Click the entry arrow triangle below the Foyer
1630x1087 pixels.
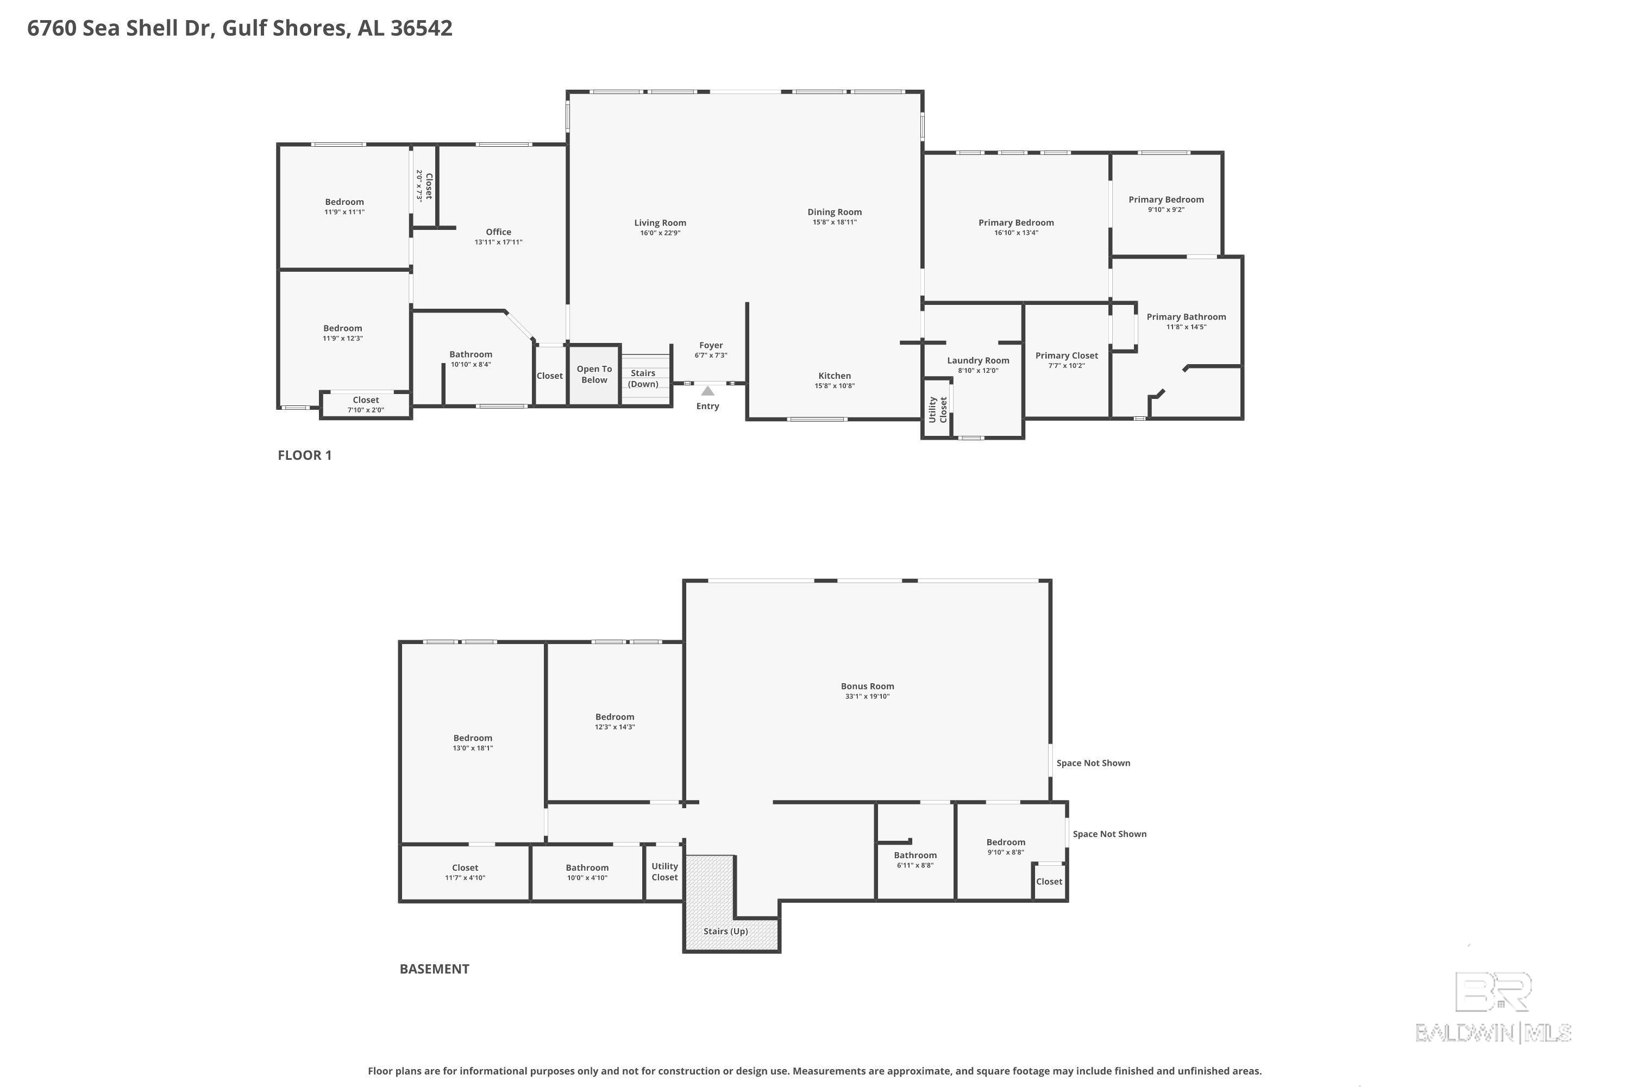point(707,391)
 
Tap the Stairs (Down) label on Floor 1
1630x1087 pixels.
point(643,378)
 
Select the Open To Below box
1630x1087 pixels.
point(594,374)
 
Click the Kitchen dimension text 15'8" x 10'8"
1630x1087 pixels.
point(835,386)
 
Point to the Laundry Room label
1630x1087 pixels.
point(978,360)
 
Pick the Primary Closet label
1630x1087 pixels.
point(1067,355)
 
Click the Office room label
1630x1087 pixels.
point(498,232)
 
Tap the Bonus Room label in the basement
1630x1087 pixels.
point(868,686)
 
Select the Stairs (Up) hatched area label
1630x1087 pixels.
point(725,931)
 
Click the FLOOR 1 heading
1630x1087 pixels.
point(305,455)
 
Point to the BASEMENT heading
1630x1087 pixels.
point(435,969)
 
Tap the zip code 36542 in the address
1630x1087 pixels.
point(422,28)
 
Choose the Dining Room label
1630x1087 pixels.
point(835,212)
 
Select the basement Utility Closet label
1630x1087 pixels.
point(664,871)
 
